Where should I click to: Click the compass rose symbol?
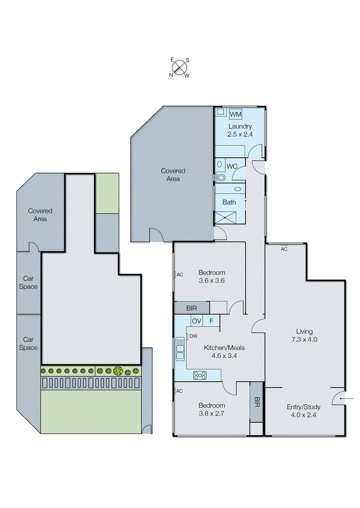180,67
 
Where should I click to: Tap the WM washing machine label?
235,114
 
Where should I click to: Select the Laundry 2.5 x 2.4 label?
240,130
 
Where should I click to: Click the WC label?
232,166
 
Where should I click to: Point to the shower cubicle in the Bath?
225,218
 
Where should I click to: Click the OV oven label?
196,321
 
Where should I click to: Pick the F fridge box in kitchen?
211,321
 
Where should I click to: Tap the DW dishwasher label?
193,336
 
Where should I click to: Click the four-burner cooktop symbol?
200,376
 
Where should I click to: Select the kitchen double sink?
180,349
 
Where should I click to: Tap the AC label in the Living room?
284,249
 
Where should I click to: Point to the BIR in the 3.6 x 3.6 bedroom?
191,308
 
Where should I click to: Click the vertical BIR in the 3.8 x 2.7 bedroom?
257,402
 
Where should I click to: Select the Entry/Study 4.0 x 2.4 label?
303,411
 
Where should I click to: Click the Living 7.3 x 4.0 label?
304,335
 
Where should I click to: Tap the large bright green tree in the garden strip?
118,371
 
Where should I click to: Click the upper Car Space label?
28,282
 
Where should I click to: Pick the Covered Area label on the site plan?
40,215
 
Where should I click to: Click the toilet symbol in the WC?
221,177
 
